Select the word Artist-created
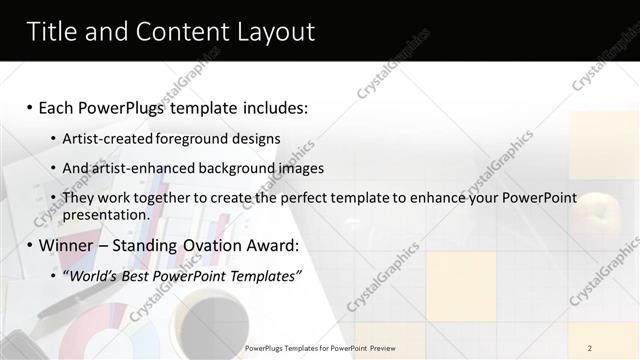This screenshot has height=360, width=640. [106, 138]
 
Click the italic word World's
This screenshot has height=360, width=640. [93, 276]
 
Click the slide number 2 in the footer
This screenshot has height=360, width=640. [590, 348]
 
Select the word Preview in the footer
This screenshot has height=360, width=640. [380, 348]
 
